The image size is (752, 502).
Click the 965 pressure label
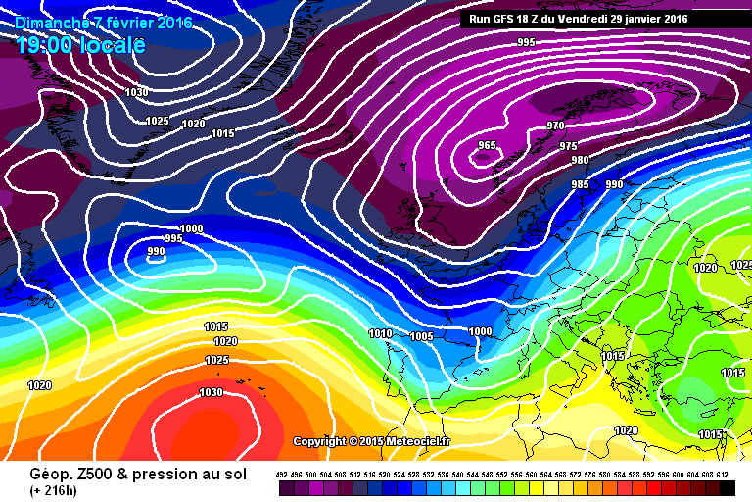coord(487,146)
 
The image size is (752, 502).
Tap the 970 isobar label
coord(556,126)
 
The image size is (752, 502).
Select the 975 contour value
coord(568,146)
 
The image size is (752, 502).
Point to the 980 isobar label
coord(580,161)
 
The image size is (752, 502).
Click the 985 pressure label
coord(580,184)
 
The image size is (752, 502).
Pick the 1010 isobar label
coord(380,333)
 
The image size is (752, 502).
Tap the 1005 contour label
coord(422,336)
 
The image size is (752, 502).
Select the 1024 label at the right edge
coord(741,266)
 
